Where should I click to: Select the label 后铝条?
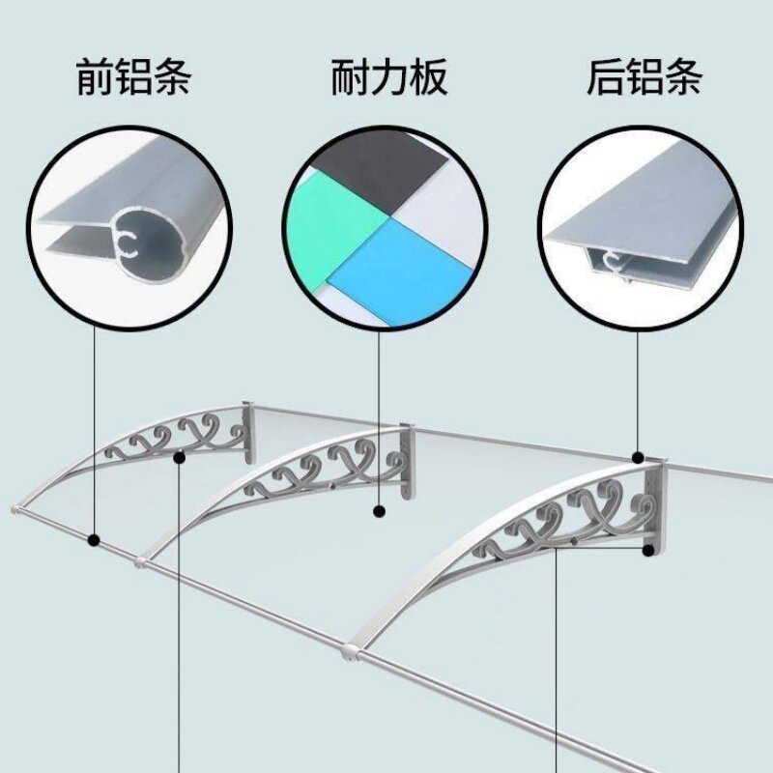(x=643, y=78)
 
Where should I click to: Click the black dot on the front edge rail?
(x=94, y=540)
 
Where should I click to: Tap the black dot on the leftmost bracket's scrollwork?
(x=180, y=458)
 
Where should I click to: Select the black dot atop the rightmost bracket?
(x=639, y=456)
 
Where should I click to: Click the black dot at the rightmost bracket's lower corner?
(x=648, y=550)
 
